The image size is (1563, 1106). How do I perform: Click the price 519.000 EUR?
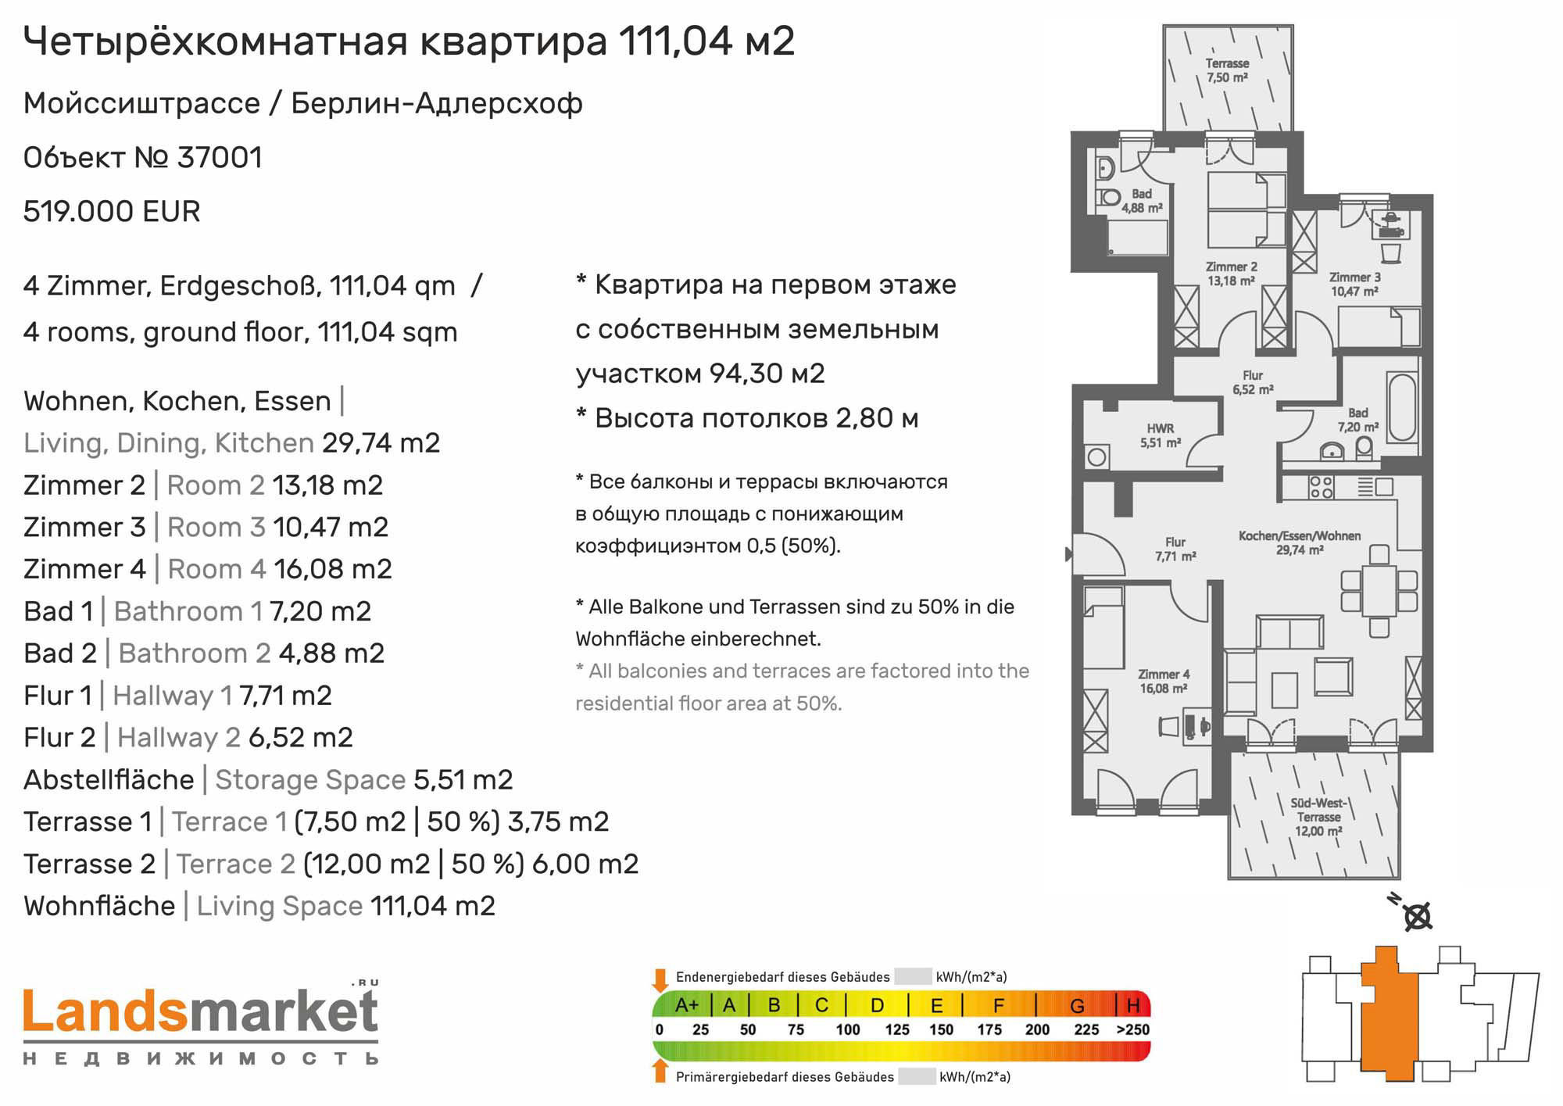tap(112, 212)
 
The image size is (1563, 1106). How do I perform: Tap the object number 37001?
tap(220, 158)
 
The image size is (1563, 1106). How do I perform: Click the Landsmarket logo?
tap(201, 1023)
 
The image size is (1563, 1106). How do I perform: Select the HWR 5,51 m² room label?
tap(1160, 435)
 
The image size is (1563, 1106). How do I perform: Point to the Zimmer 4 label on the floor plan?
tap(1164, 681)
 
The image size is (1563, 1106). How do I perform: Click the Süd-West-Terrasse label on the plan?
tap(1318, 817)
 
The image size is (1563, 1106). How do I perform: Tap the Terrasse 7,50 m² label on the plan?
tap(1227, 70)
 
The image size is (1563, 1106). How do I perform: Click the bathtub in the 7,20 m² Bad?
tap(1402, 407)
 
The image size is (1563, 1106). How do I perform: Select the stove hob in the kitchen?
tap(1321, 488)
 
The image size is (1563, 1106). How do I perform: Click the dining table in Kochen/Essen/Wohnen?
tap(1379, 590)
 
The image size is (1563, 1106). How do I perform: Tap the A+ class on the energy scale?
tap(686, 1005)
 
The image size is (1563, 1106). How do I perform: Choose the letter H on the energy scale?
tap(1133, 1005)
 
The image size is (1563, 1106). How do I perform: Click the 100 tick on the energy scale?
tap(847, 1029)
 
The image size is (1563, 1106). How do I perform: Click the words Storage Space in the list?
tap(310, 780)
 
